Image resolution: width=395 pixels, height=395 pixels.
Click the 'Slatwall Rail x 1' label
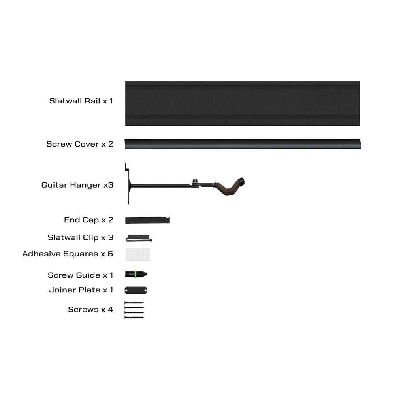[81, 101]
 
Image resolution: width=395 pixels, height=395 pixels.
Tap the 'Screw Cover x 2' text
[80, 144]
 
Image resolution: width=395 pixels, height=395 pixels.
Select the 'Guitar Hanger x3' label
[77, 185]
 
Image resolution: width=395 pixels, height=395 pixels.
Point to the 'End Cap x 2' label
[88, 220]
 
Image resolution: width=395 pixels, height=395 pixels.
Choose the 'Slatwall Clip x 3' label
[81, 237]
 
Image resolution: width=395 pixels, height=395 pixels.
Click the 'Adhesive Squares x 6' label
[68, 254]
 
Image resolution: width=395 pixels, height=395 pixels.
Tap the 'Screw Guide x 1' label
[80, 275]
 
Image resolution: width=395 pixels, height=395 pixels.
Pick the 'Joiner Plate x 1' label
[81, 290]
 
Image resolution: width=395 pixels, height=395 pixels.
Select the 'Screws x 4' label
[90, 309]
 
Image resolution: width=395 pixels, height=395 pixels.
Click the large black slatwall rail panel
[243, 103]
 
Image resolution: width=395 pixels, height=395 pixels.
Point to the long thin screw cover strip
[243, 144]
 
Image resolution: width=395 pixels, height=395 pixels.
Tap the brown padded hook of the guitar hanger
[227, 188]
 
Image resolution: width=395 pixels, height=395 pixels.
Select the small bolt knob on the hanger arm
[195, 181]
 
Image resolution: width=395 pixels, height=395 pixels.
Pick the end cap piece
[147, 220]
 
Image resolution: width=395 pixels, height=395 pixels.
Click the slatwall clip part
[139, 238]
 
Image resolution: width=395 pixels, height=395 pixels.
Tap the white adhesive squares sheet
[137, 254]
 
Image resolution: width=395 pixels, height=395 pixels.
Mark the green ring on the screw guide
[135, 274]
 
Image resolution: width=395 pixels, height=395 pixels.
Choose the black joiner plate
[136, 290]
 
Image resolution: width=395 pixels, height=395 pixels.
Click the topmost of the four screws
[134, 303]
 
